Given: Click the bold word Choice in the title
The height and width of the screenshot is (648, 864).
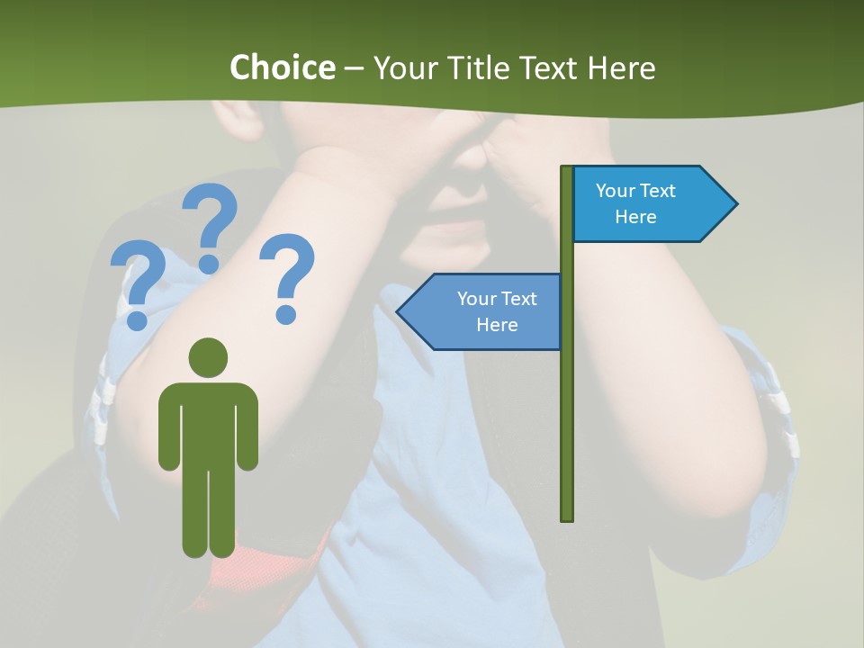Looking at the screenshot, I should click(x=282, y=67).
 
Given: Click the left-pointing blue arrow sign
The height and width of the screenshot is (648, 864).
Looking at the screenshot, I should click(x=481, y=311).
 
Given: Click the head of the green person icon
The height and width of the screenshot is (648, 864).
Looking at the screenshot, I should click(x=209, y=358).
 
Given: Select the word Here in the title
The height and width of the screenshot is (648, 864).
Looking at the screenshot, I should click(x=622, y=68).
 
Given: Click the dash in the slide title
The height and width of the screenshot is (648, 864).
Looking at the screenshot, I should click(x=354, y=69).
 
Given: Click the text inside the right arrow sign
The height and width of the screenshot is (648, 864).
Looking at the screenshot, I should click(x=635, y=203).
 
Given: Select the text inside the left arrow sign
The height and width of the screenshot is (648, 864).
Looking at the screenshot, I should click(x=497, y=311).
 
